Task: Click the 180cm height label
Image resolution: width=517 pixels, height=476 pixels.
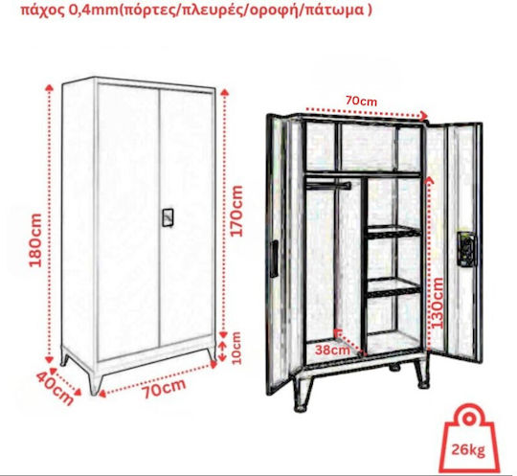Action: pyautogui.click(x=35, y=239)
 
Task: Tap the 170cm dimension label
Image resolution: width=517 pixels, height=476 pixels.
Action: pyautogui.click(x=236, y=211)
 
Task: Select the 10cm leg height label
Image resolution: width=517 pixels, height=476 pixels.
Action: pyautogui.click(x=236, y=348)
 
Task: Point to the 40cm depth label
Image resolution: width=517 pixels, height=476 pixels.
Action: pyautogui.click(x=54, y=389)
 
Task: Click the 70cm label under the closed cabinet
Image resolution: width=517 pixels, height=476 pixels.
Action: pyautogui.click(x=164, y=389)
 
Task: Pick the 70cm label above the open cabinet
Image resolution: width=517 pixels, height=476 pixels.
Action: pyautogui.click(x=361, y=101)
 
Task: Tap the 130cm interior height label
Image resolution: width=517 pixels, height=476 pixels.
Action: pyautogui.click(x=438, y=304)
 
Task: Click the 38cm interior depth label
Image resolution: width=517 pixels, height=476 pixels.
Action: pyautogui.click(x=332, y=350)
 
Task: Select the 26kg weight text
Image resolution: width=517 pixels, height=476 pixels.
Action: pyautogui.click(x=468, y=449)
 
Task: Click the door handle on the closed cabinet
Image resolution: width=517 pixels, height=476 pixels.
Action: pyautogui.click(x=168, y=217)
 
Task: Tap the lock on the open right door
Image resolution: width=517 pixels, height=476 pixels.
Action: pyautogui.click(x=467, y=249)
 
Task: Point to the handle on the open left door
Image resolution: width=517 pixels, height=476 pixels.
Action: pyautogui.click(x=274, y=259)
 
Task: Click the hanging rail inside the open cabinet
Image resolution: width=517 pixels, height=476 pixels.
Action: pyautogui.click(x=328, y=186)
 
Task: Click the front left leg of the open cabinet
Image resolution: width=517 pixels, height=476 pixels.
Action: pyautogui.click(x=302, y=395)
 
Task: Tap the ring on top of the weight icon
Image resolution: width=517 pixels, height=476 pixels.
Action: pyautogui.click(x=468, y=419)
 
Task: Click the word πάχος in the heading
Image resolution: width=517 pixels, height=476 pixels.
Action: pyautogui.click(x=42, y=11)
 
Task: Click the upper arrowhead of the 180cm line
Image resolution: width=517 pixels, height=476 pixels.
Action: pyautogui.click(x=49, y=87)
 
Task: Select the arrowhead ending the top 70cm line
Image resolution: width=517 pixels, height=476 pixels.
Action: pyautogui.click(x=424, y=115)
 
